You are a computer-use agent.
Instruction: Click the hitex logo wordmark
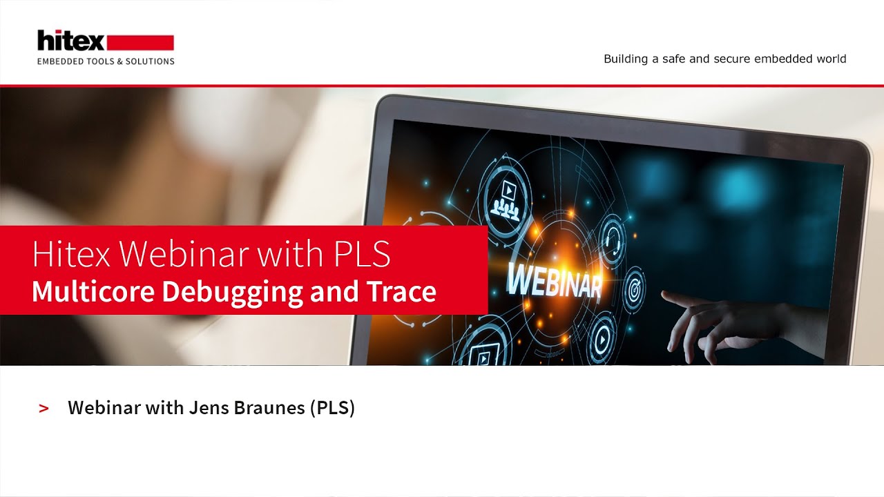pos(70,41)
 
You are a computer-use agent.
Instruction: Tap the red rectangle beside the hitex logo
pos(141,42)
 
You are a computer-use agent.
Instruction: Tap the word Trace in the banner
pos(403,292)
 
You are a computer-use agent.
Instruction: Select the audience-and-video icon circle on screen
pos(508,195)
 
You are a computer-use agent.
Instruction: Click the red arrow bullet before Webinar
pos(44,409)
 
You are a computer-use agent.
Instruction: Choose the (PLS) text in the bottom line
pos(332,408)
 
